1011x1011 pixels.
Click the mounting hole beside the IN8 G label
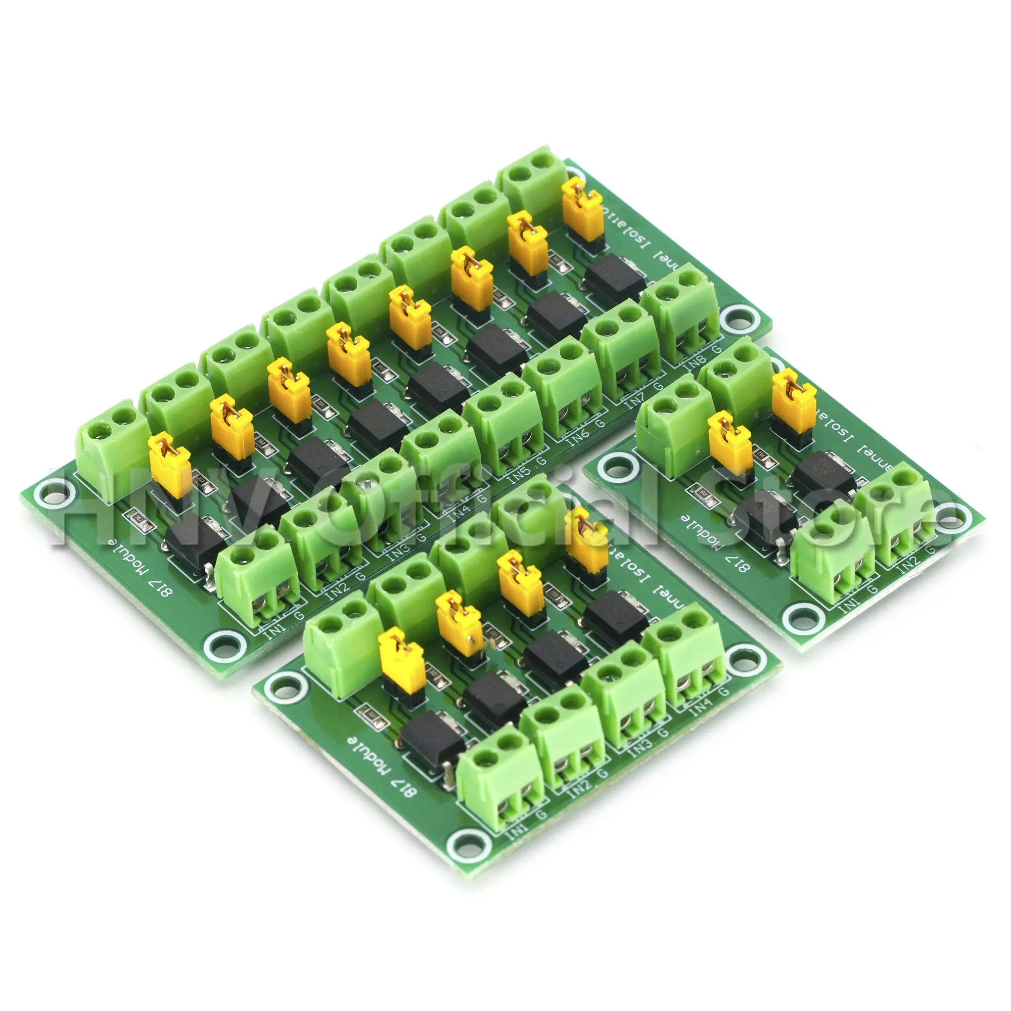point(739,317)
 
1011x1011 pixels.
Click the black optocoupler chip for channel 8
point(615,273)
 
